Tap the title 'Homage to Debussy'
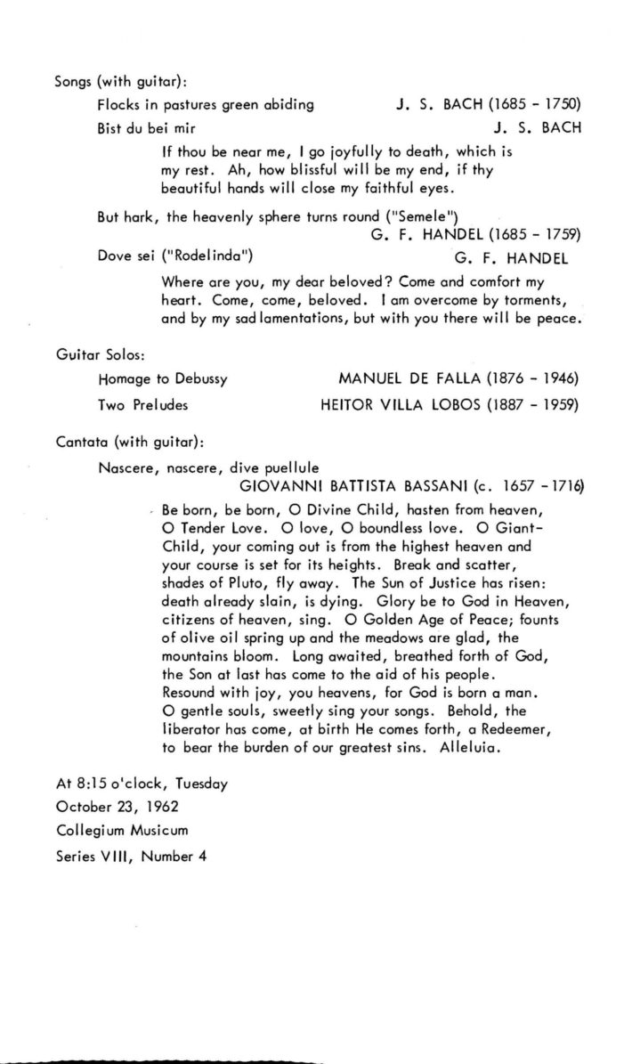[x=162, y=378]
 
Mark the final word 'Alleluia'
[x=471, y=749]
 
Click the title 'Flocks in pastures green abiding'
[x=206, y=104]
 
